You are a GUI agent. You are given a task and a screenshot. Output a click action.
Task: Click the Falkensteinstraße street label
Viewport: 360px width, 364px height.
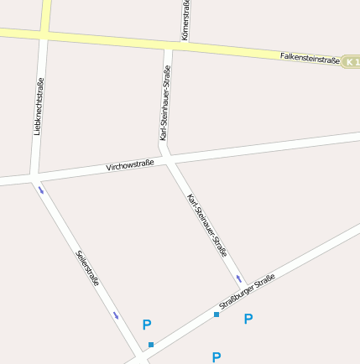click(310, 59)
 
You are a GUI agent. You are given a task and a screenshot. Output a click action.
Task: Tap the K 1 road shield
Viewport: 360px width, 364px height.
click(352, 62)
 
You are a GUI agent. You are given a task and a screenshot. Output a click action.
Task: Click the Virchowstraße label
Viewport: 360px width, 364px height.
click(129, 165)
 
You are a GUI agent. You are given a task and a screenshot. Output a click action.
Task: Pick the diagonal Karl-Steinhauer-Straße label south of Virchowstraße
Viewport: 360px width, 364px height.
click(207, 224)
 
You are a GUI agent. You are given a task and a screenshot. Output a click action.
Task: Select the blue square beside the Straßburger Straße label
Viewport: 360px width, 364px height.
click(217, 315)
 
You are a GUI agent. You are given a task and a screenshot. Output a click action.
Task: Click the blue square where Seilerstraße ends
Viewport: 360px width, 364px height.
click(151, 345)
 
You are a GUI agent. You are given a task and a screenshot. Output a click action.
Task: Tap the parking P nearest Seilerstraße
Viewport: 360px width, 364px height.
click(147, 325)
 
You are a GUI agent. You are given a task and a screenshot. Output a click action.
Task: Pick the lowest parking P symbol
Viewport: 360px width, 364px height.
click(217, 356)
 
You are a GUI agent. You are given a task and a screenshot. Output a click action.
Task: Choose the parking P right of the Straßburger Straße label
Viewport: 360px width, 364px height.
click(248, 319)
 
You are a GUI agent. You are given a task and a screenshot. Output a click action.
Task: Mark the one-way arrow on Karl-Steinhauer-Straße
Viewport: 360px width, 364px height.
click(239, 278)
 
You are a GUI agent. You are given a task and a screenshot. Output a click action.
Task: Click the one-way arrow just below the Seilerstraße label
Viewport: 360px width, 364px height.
click(116, 315)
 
